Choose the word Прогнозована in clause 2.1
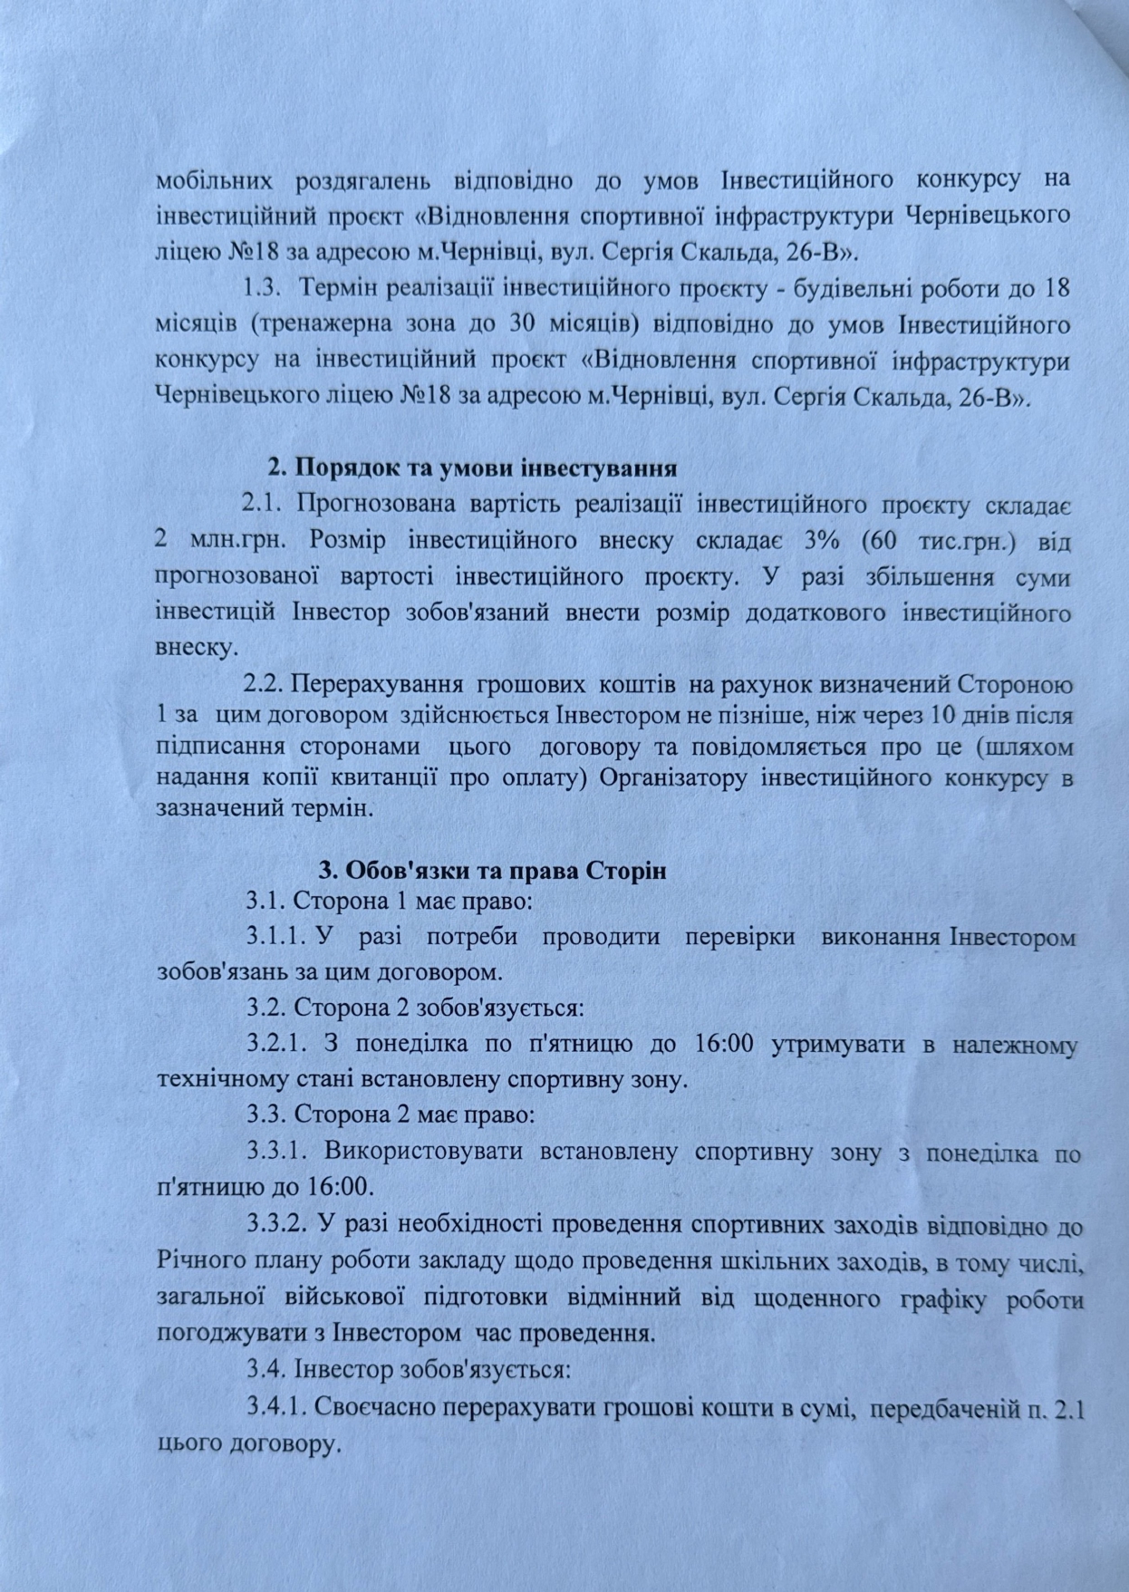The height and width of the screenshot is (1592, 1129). [x=375, y=504]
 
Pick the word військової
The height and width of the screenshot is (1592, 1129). [x=344, y=1298]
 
